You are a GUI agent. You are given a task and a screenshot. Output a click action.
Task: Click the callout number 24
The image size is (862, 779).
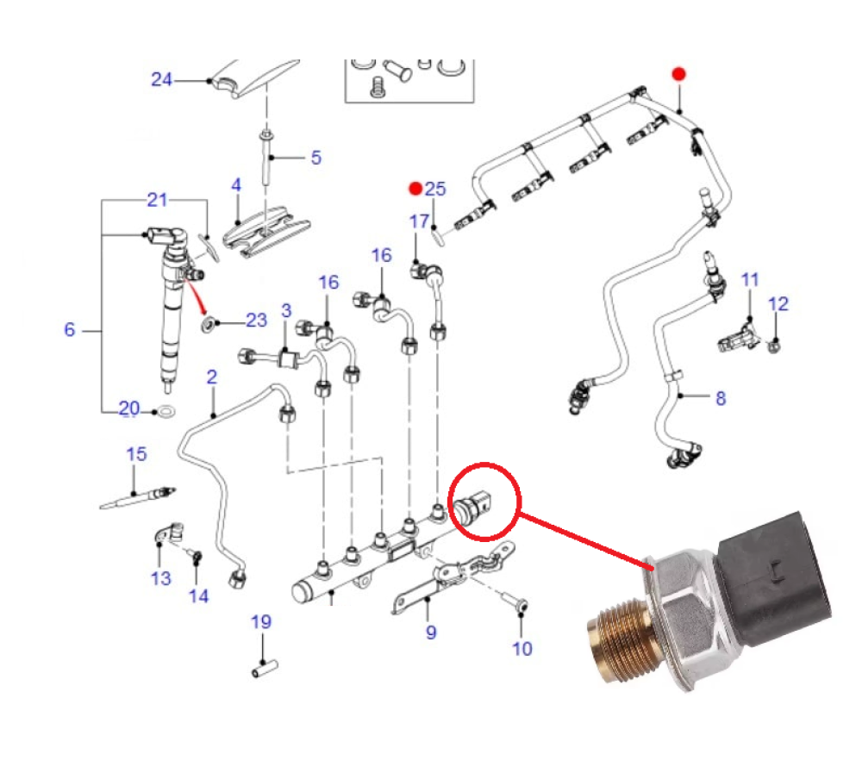pos(162,80)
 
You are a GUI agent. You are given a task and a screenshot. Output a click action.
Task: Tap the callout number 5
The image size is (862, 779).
pos(315,158)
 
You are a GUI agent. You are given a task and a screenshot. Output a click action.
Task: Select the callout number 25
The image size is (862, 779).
pos(436,189)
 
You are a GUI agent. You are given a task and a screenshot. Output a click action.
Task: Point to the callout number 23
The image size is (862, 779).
pos(256,321)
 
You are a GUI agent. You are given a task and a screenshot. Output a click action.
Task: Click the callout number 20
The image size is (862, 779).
pos(128,408)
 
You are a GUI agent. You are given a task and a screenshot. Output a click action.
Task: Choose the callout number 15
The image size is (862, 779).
pos(137,454)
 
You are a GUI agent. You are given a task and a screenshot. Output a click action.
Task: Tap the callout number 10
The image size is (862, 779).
pos(522,648)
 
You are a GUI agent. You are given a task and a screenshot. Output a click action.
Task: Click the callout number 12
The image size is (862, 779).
pos(778,304)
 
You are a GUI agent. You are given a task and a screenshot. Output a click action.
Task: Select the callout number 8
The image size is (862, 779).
pos(721,398)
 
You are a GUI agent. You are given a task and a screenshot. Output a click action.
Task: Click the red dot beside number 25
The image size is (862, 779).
pos(415,188)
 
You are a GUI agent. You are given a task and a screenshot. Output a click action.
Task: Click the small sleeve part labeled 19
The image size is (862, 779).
pos(262,669)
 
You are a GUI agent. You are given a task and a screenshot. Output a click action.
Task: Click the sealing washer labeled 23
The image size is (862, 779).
pos(209,324)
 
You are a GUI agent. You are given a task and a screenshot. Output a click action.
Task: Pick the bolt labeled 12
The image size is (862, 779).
pos(775,344)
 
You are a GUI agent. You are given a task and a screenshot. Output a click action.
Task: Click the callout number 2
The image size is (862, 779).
pos(212,377)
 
